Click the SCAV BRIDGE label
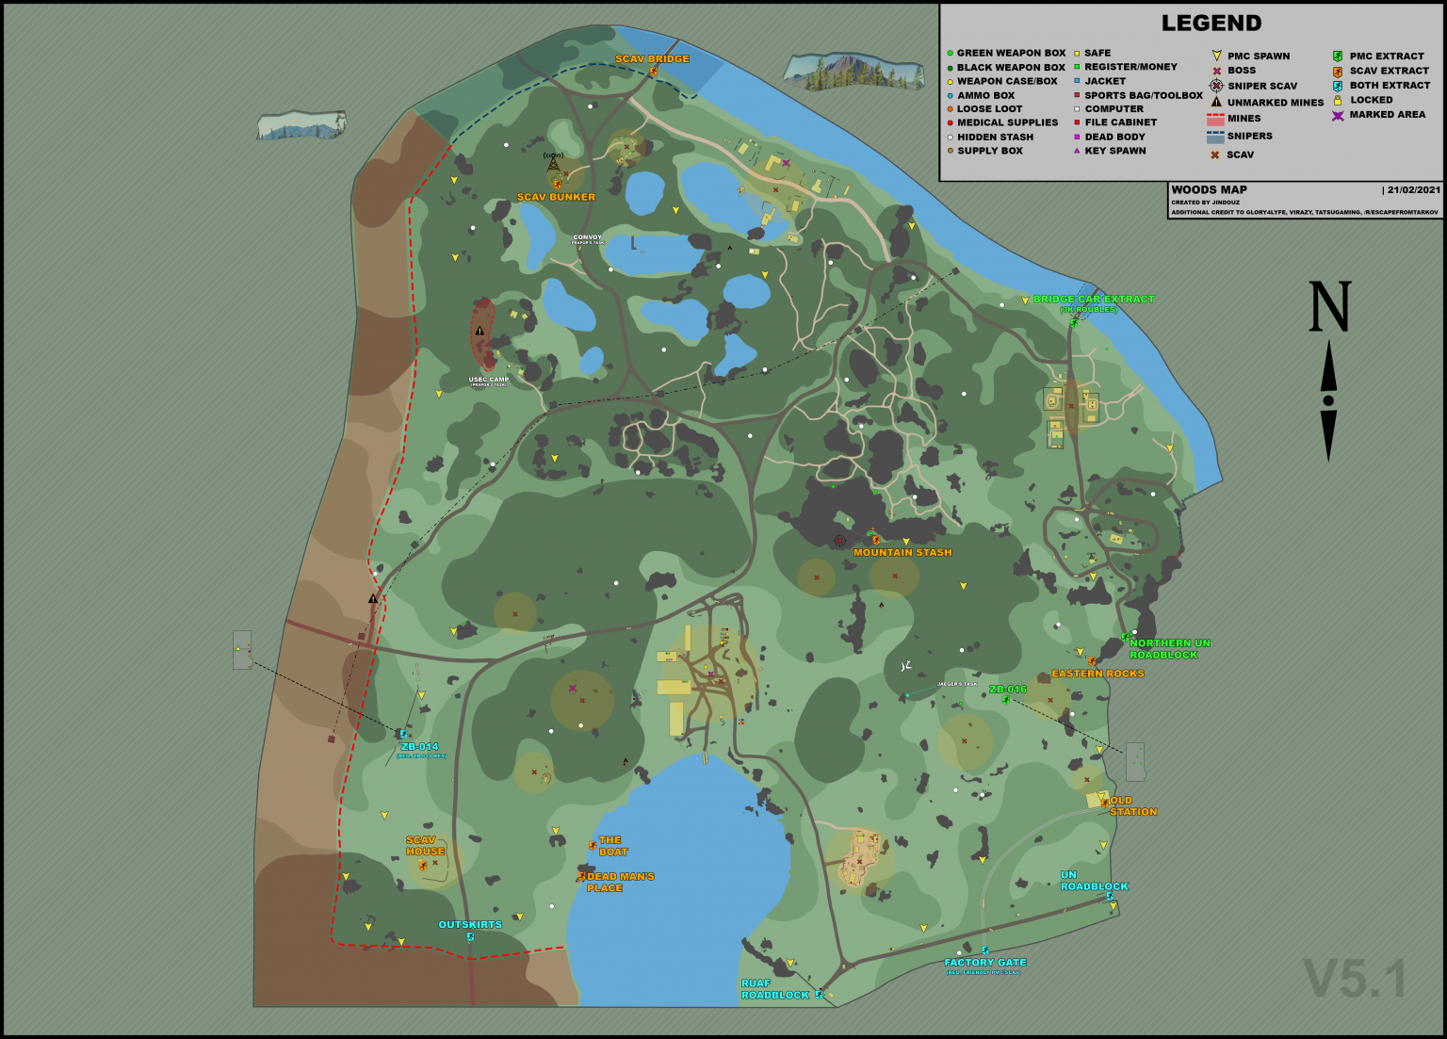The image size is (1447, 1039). pos(652,58)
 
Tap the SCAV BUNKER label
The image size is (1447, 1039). pos(556,197)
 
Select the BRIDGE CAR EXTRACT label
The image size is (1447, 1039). pos(1093,300)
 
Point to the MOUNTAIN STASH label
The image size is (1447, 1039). pos(902,552)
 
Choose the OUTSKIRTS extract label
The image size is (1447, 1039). pos(470,924)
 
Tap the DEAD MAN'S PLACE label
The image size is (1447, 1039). pos(619,882)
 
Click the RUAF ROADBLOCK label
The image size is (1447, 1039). pos(774,989)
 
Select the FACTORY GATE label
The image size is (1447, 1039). pos(985,962)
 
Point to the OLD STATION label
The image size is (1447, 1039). pos(1130,805)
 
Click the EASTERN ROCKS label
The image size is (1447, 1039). pos(1097,674)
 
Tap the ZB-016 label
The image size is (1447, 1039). pos(1008,690)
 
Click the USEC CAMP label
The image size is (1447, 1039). pos(488,380)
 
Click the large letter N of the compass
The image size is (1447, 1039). pos(1329,307)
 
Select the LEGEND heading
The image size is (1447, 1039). pos(1211,24)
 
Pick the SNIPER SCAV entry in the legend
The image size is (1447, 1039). pos(1261,86)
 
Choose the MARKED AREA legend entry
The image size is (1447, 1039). pos(1387,115)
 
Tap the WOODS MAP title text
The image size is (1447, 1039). pos(1209,189)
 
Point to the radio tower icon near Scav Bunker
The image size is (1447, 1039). pos(553,162)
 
